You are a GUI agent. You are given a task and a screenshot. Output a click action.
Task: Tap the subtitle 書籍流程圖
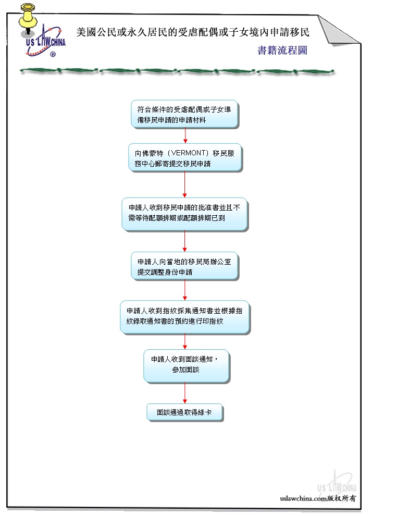click(x=282, y=51)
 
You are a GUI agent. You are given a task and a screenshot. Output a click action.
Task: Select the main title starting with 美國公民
click(x=193, y=32)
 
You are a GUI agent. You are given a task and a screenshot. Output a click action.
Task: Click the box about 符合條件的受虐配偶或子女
click(x=184, y=114)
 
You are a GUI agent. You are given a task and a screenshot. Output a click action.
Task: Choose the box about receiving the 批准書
click(x=184, y=213)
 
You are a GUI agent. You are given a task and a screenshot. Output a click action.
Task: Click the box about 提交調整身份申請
click(x=184, y=266)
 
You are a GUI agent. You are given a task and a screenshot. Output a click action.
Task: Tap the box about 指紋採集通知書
click(x=184, y=316)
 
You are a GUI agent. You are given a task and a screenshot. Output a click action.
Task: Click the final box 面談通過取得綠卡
click(x=184, y=412)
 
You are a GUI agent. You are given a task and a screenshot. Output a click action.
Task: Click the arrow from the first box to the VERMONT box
click(x=185, y=136)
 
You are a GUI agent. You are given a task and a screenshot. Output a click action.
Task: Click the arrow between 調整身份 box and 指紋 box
click(x=185, y=290)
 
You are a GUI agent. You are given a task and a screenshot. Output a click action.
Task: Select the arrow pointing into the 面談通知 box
click(x=185, y=341)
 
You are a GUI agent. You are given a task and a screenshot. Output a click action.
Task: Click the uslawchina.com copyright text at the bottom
click(x=318, y=498)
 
